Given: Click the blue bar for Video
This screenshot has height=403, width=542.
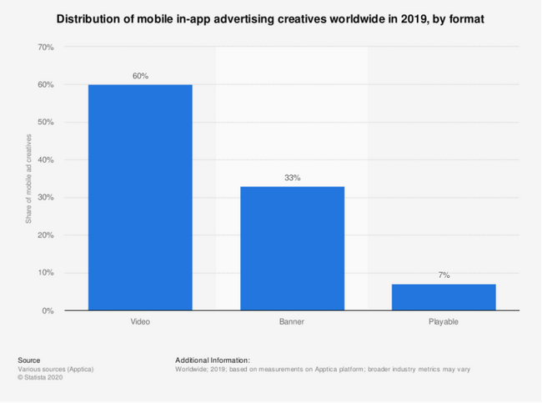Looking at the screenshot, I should pyautogui.click(x=140, y=197).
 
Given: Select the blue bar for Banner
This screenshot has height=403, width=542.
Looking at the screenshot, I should pyautogui.click(x=292, y=248).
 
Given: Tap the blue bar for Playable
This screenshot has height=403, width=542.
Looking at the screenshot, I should pyautogui.click(x=444, y=297).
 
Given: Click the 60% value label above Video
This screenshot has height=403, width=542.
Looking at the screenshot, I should pyautogui.click(x=140, y=76).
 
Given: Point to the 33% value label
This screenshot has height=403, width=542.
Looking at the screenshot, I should pyautogui.click(x=292, y=178).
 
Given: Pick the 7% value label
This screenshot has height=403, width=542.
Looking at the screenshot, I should pyautogui.click(x=444, y=275).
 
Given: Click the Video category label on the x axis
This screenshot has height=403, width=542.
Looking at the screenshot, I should pyautogui.click(x=140, y=320).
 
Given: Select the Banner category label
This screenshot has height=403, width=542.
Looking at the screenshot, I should pyautogui.click(x=292, y=320).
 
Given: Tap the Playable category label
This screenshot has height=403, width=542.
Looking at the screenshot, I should pyautogui.click(x=444, y=320).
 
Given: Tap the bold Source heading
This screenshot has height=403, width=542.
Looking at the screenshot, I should pyautogui.click(x=28, y=360).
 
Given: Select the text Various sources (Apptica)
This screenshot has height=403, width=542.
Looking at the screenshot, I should pyautogui.click(x=53, y=369).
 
